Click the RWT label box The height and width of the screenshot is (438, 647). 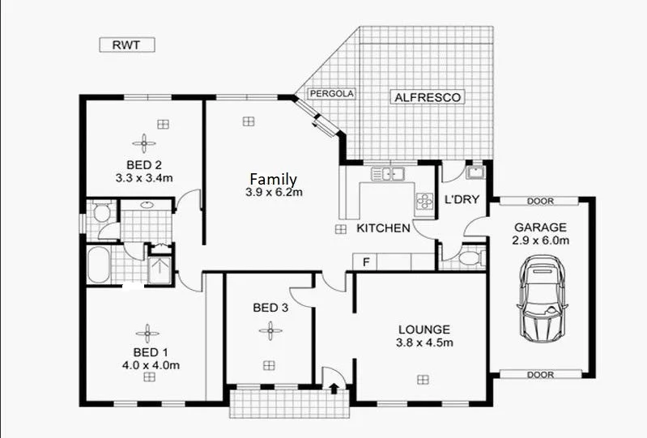126,45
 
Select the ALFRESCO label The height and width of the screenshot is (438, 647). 428,97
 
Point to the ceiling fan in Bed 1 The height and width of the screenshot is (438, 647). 147,334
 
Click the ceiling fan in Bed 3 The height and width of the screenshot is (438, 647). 269,330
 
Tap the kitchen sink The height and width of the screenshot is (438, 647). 388,172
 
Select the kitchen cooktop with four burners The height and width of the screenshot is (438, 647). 424,200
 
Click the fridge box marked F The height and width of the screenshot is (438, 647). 366,262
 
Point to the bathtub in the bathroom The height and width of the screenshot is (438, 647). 98,266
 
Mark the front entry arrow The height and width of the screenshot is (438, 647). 333,387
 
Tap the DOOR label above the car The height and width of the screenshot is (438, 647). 540,201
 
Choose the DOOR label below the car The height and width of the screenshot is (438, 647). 540,375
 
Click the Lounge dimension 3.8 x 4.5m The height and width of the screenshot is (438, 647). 424,342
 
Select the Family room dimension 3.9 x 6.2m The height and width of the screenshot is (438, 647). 274,193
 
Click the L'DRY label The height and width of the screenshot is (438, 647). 460,199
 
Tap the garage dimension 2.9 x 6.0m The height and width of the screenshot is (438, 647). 540,240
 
